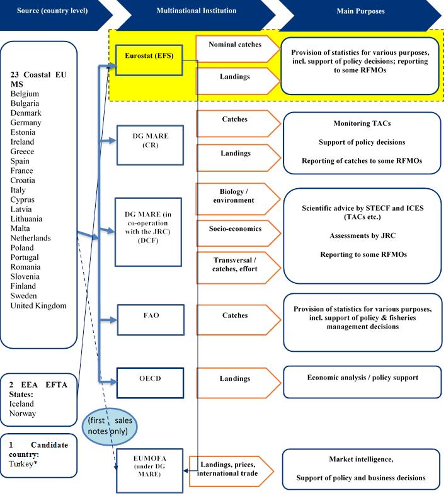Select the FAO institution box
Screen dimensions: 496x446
(150, 320)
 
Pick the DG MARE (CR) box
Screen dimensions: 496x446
(149, 145)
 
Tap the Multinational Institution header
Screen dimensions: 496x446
(196, 11)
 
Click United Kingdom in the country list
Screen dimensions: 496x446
(38, 305)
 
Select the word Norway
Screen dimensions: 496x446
(23, 414)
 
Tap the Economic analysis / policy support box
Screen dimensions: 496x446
(362, 378)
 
